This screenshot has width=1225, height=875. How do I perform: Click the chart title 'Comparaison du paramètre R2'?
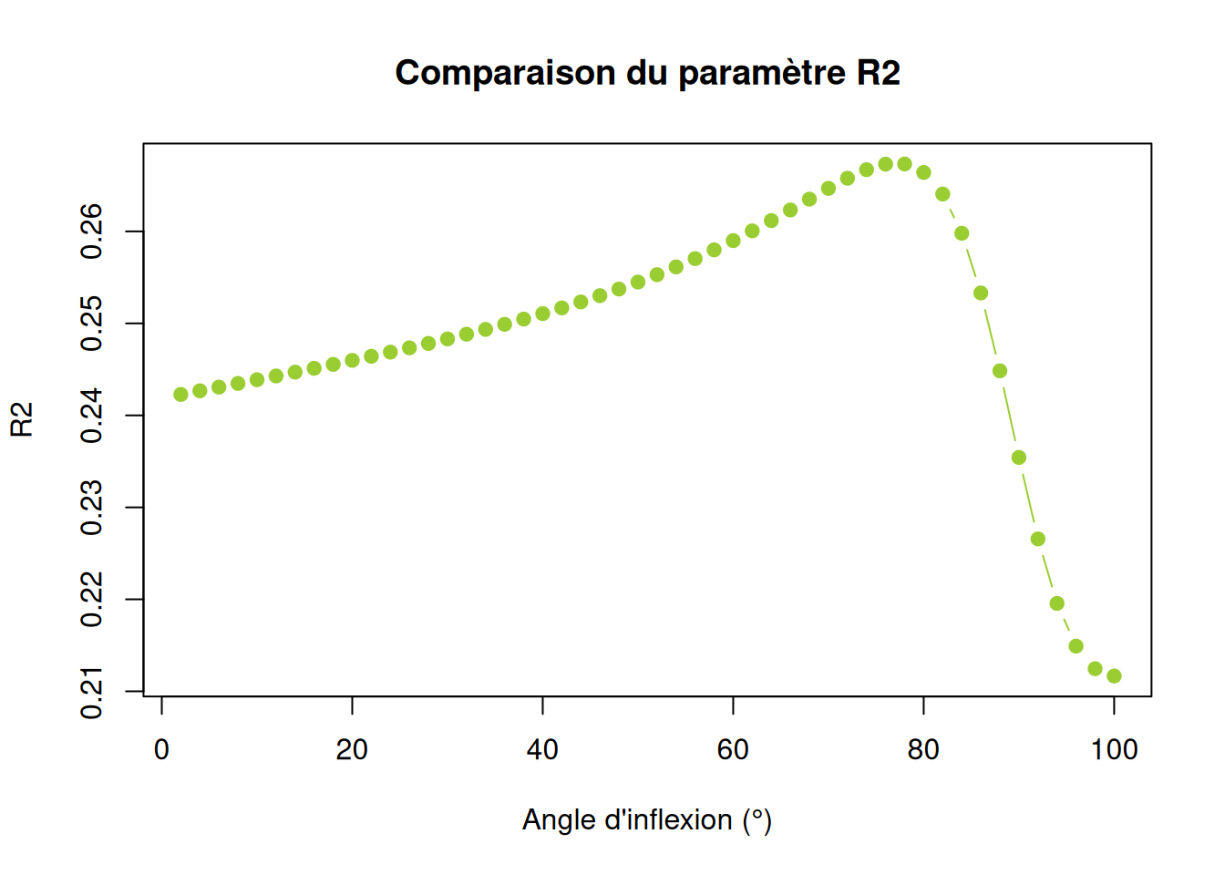pos(647,73)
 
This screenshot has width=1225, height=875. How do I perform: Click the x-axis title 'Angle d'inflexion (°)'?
pos(647,819)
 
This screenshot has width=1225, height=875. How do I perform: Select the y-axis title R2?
pos(22,419)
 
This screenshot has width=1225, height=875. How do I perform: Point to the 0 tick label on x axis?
pos(161,749)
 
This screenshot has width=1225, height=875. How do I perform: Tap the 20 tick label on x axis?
pos(352,749)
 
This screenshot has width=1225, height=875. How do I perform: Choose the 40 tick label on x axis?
pos(542,749)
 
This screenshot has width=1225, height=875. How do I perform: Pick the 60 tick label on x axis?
pos(733,749)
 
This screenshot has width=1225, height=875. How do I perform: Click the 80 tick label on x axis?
pos(923,749)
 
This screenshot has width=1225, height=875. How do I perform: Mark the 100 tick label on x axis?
pos(1114,749)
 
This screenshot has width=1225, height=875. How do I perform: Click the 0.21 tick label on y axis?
pos(91,693)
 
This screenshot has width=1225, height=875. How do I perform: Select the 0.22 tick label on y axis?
pos(91,600)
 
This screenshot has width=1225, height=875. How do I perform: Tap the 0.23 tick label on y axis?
pos(91,508)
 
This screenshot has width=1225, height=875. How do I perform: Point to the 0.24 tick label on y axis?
pos(91,416)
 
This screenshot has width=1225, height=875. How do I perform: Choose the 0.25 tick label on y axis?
pos(91,324)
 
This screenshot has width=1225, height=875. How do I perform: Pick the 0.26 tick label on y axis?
pos(91,232)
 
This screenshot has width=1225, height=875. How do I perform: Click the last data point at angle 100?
pos(1114,676)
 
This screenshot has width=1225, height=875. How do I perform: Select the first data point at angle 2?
pos(180,395)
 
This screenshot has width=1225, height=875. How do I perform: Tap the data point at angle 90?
pos(1019,458)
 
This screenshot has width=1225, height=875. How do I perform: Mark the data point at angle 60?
pos(733,241)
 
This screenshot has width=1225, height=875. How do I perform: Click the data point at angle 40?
pos(542,314)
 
